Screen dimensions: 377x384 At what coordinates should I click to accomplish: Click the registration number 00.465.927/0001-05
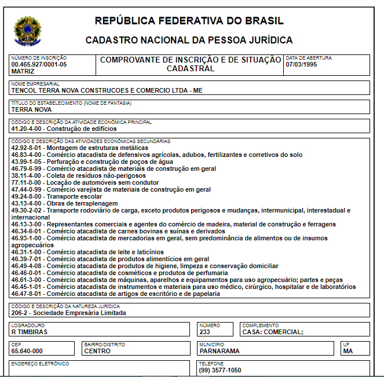pyautogui.click(x=39, y=64)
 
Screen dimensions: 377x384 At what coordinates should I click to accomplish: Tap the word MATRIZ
pyautogui.click(x=23, y=71)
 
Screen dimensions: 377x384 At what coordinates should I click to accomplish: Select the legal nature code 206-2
pyautogui.click(x=21, y=313)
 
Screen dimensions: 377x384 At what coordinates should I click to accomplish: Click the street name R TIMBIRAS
pyautogui.click(x=29, y=332)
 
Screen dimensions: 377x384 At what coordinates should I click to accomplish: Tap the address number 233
pyautogui.click(x=204, y=332)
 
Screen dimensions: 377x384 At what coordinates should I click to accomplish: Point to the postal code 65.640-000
pyautogui.click(x=27, y=351)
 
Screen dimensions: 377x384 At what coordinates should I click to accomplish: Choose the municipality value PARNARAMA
pyautogui.click(x=219, y=351)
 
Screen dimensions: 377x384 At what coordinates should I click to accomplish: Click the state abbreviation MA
pyautogui.click(x=348, y=351)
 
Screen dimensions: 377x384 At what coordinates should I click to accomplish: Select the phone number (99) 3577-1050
pyautogui.click(x=220, y=370)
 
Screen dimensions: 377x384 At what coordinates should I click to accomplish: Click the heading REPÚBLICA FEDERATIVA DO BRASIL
pyautogui.click(x=189, y=21)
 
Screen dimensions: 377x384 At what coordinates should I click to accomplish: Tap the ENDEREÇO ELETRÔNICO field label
pyautogui.click(x=40, y=364)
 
